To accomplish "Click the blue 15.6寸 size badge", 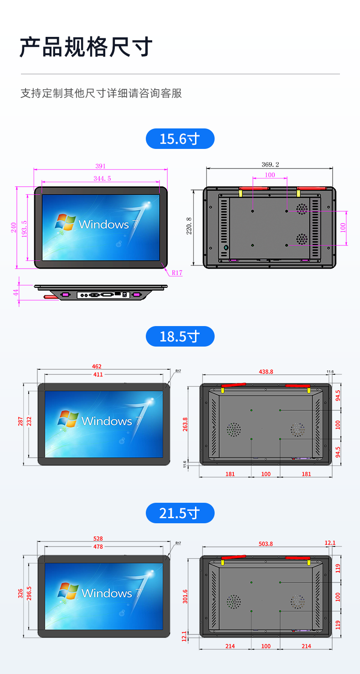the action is (x=180, y=139).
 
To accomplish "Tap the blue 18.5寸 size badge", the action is (x=180, y=337).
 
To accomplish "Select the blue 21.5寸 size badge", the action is (x=180, y=513).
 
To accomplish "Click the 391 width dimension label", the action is (x=101, y=166).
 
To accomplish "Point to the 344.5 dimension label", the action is (x=102, y=179).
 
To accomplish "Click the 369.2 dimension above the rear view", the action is (x=270, y=164).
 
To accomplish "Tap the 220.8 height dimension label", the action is (x=189, y=226).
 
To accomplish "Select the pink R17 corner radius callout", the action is (x=177, y=273).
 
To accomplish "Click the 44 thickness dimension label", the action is (x=15, y=292).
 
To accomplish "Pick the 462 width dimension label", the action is (x=97, y=367).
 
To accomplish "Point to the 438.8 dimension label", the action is (x=266, y=372).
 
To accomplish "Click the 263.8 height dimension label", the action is (x=185, y=424).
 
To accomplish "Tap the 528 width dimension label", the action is (x=98, y=539).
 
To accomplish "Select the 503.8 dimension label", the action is (x=266, y=544).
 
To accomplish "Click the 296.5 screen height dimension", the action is (x=29, y=593).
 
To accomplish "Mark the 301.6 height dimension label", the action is (x=185, y=597).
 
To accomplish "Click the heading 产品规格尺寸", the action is (x=86, y=47).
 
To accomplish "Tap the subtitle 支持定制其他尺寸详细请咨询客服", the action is (x=101, y=93).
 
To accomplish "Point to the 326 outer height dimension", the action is (x=20, y=593).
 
